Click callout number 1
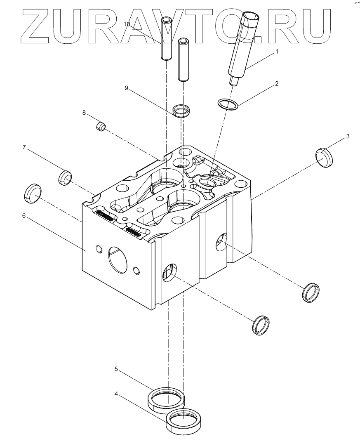click(277, 52)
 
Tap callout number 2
click(277, 84)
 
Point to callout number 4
click(117, 394)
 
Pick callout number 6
click(24, 215)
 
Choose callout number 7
click(24, 147)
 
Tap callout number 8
click(84, 112)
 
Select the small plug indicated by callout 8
click(101, 127)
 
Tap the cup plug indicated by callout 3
click(324, 157)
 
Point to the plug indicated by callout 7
click(64, 177)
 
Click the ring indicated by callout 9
click(182, 111)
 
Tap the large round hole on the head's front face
click(117, 260)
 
